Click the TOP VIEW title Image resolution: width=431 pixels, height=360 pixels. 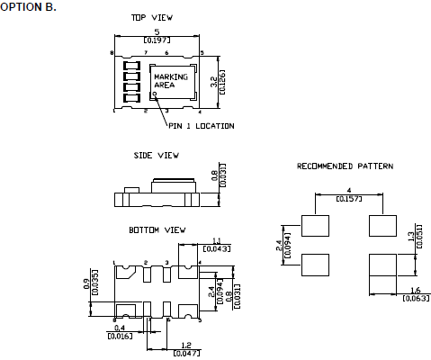click(x=151, y=17)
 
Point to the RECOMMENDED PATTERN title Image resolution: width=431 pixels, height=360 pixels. click(x=345, y=166)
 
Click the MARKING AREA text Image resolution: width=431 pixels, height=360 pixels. click(x=171, y=82)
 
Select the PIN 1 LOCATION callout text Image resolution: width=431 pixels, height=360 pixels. click(x=202, y=125)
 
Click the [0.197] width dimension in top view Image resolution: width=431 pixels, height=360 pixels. click(x=158, y=40)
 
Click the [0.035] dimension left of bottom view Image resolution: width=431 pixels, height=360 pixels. click(x=94, y=283)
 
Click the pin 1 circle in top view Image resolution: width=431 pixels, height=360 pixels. click(x=154, y=93)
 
